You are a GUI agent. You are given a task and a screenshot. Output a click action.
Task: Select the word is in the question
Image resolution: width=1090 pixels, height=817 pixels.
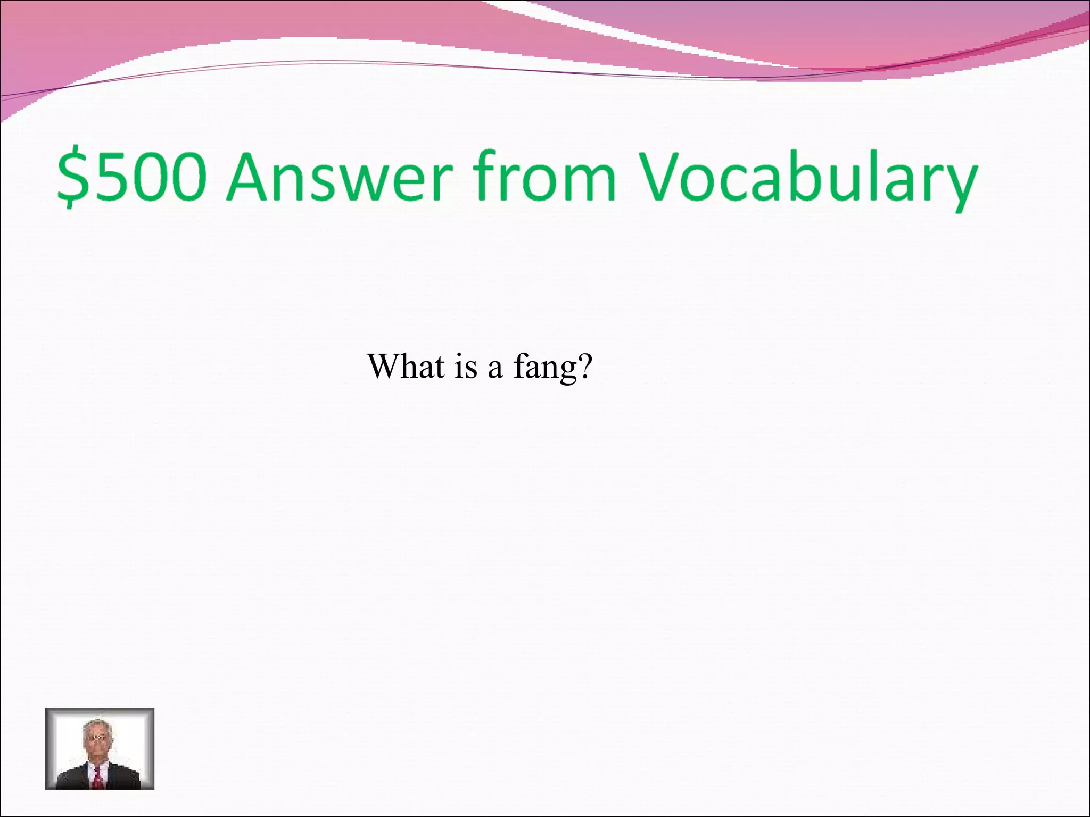pyautogui.click(x=466, y=367)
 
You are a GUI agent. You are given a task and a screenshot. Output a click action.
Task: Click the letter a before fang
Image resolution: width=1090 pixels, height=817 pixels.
pyautogui.click(x=495, y=368)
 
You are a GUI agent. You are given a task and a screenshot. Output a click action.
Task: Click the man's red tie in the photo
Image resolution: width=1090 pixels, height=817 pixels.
pyautogui.click(x=98, y=780)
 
